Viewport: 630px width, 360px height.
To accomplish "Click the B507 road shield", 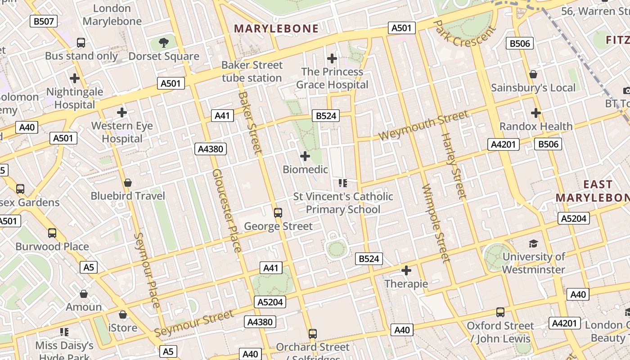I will click(x=43, y=21).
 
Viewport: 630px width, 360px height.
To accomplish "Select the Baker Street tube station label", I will click(x=252, y=72).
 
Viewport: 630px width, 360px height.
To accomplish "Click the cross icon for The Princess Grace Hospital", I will click(x=332, y=58).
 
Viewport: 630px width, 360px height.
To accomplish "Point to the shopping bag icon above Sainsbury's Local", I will click(x=533, y=74).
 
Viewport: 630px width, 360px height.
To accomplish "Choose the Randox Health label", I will click(x=536, y=126).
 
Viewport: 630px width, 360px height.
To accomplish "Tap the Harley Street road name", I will click(x=453, y=166).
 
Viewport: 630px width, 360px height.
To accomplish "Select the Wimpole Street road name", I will click(x=435, y=224).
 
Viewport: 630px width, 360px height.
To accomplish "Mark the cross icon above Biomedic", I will click(x=305, y=156).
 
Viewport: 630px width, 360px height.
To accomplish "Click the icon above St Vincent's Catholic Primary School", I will click(x=343, y=183).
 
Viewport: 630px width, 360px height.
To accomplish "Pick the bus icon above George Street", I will click(x=278, y=213).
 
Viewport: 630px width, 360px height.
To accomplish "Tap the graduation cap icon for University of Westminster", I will click(x=533, y=243).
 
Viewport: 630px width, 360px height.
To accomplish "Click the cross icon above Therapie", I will click(x=406, y=270).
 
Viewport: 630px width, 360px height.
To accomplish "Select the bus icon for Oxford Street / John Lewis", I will click(x=500, y=312).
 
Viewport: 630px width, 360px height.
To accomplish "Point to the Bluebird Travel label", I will click(x=128, y=196).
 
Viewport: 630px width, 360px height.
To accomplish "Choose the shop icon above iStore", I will click(x=122, y=315).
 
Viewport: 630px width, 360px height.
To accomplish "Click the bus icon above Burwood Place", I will click(x=52, y=233).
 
